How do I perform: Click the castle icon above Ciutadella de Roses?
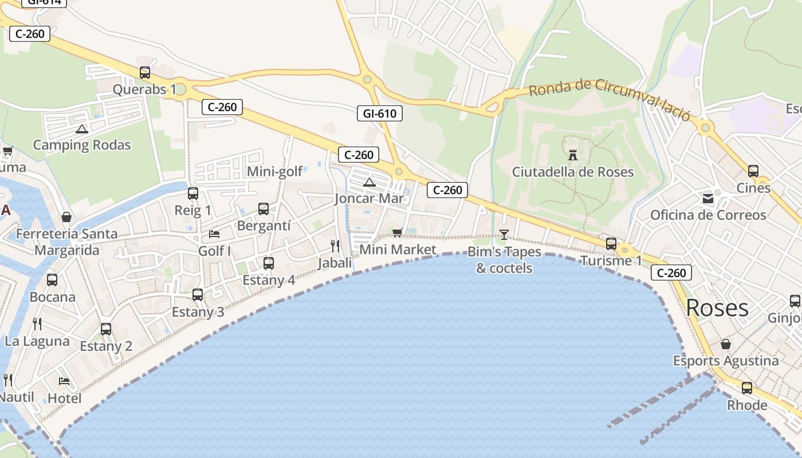pyautogui.click(x=572, y=155)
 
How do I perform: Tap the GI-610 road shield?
pyautogui.click(x=379, y=113)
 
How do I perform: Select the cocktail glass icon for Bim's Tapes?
pyautogui.click(x=504, y=234)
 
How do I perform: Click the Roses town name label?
pyautogui.click(x=717, y=308)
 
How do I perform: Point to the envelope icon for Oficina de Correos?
pyautogui.click(x=708, y=199)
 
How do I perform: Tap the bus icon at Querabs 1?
pyautogui.click(x=145, y=73)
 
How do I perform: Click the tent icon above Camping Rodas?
pyautogui.click(x=81, y=129)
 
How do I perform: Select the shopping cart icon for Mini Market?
pyautogui.click(x=397, y=232)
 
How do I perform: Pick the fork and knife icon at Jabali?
pyautogui.click(x=335, y=246)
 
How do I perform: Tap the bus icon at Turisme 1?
pyautogui.click(x=611, y=243)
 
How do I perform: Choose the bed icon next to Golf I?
pyautogui.click(x=214, y=234)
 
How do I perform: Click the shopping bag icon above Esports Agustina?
pyautogui.click(x=725, y=344)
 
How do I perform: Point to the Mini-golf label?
pyautogui.click(x=275, y=171)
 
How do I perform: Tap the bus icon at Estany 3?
pyautogui.click(x=198, y=295)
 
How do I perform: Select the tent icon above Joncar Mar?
pyautogui.click(x=369, y=183)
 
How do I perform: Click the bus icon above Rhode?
pyautogui.click(x=747, y=388)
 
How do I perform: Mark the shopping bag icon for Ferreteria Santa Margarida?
pyautogui.click(x=66, y=218)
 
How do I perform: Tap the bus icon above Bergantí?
pyautogui.click(x=264, y=209)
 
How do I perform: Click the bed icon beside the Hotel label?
pyautogui.click(x=64, y=381)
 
